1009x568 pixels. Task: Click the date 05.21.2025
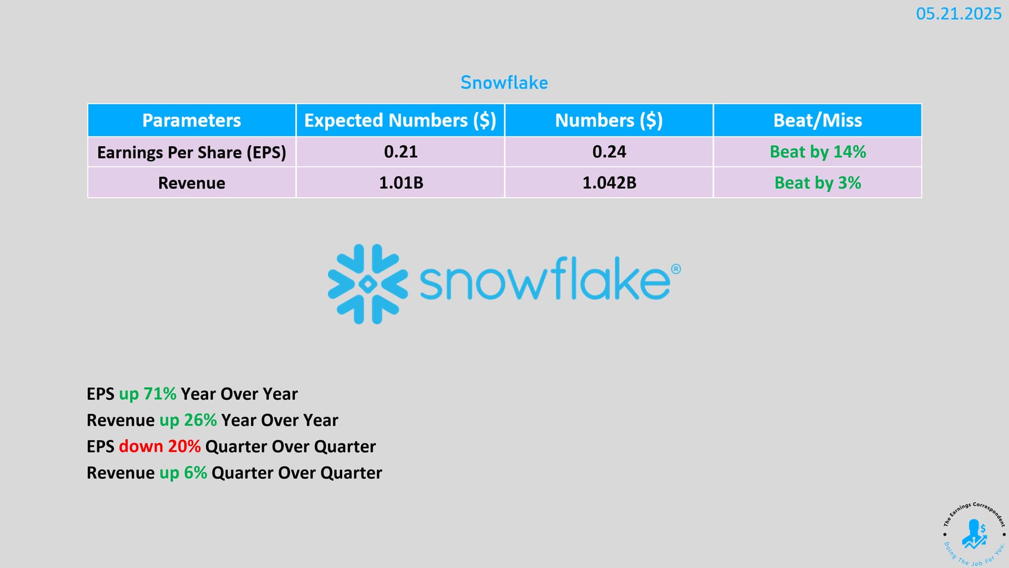(x=959, y=14)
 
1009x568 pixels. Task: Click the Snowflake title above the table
(x=504, y=83)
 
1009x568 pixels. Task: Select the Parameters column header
(x=191, y=120)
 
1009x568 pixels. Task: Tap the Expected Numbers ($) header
(x=400, y=120)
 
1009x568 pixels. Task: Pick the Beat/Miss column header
(x=818, y=120)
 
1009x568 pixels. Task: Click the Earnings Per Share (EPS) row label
(x=191, y=153)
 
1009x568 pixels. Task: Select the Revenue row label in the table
(x=191, y=183)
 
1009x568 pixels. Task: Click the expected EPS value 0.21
(x=400, y=152)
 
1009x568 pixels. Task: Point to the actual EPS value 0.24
(x=609, y=152)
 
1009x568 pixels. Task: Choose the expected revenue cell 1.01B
(x=401, y=183)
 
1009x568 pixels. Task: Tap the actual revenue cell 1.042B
(x=609, y=183)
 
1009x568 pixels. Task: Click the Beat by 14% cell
(x=818, y=152)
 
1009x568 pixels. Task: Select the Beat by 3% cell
(x=818, y=183)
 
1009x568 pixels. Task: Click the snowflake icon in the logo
(x=368, y=284)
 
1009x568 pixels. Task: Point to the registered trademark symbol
(x=676, y=269)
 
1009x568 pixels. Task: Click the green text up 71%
(x=148, y=394)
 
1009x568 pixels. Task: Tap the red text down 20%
(x=160, y=447)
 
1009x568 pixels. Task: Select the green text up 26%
(x=188, y=420)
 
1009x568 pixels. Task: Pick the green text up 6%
(x=183, y=473)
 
